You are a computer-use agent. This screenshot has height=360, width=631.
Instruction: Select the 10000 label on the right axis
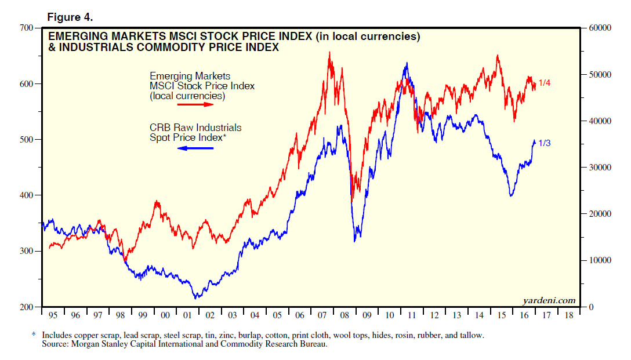(x=598, y=260)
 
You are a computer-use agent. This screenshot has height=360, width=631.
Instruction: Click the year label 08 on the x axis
(x=344, y=315)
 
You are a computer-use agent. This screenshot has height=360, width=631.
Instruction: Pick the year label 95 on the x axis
(x=53, y=315)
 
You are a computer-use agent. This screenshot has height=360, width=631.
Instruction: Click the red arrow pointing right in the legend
(x=195, y=104)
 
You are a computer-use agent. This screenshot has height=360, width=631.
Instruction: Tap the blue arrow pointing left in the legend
(x=195, y=148)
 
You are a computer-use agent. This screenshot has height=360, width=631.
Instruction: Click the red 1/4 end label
(x=544, y=83)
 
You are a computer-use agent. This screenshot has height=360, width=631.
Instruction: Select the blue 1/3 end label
(x=544, y=143)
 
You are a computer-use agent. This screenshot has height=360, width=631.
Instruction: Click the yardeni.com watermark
(x=549, y=300)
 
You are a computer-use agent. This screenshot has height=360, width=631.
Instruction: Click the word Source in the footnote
(x=55, y=344)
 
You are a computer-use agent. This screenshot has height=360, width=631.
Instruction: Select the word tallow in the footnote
(x=471, y=335)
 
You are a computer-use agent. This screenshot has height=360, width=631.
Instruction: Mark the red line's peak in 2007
(x=330, y=52)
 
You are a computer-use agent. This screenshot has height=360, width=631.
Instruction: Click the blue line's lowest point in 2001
(x=196, y=297)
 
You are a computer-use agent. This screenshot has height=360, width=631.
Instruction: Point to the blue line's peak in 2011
(x=407, y=63)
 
